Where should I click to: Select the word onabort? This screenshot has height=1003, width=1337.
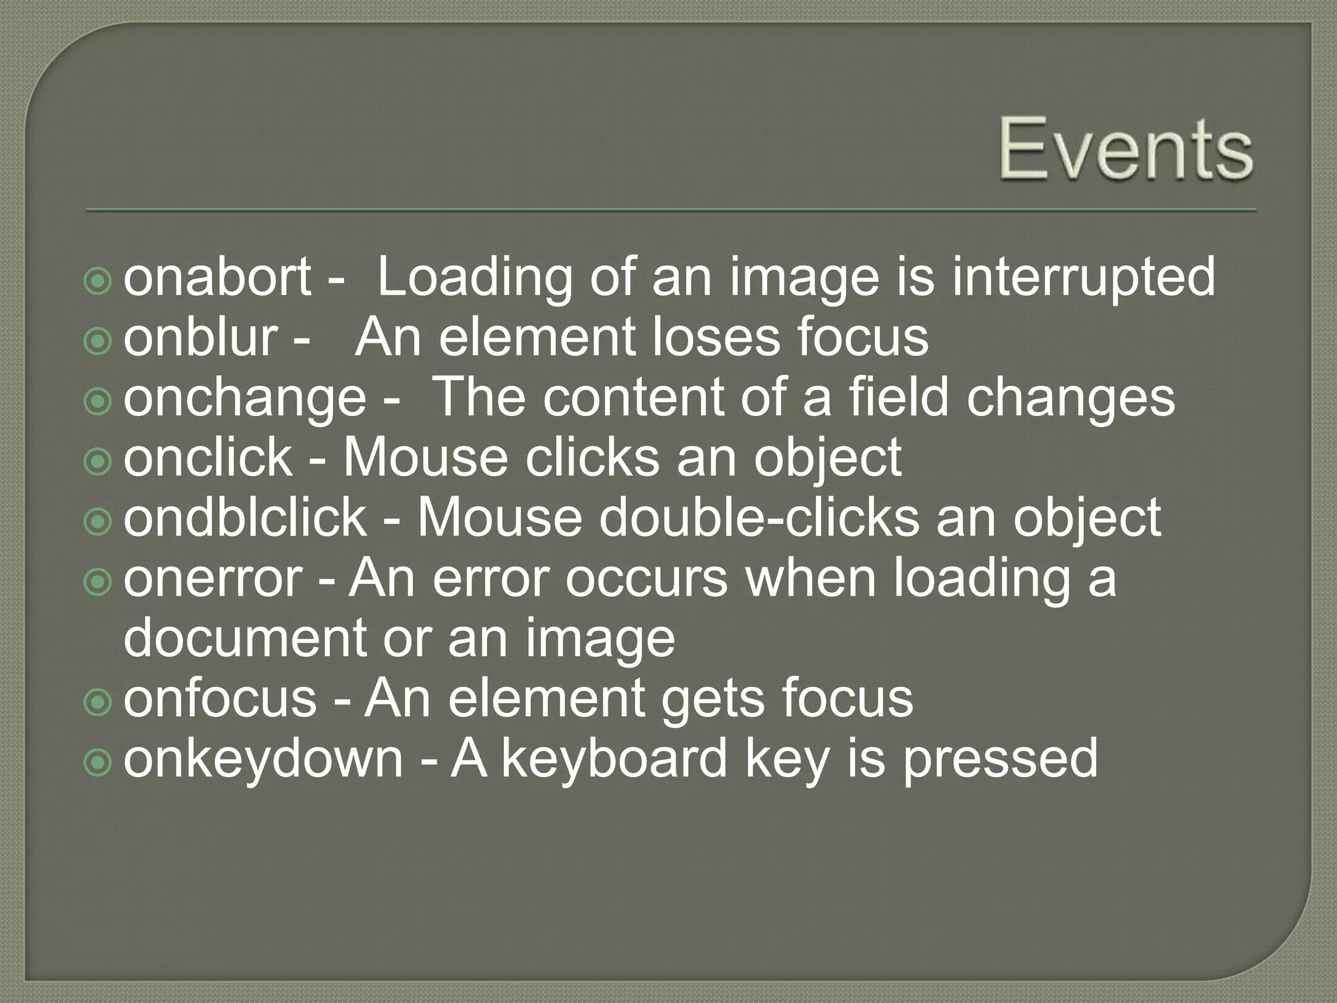point(217,277)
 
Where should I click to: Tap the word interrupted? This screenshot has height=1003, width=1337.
point(1084,277)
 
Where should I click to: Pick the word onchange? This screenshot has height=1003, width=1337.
point(245,398)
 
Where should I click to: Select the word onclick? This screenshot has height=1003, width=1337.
point(208,458)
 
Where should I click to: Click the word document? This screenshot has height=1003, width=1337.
point(245,638)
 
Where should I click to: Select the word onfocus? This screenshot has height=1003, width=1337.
point(220,698)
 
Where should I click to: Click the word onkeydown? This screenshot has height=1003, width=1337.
point(263,759)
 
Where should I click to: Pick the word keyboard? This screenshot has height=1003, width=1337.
point(614,759)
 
